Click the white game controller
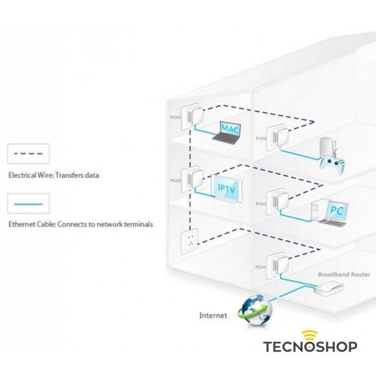pyautogui.click(x=332, y=163)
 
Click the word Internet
pyautogui.click(x=213, y=315)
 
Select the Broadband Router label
pyautogui.click(x=344, y=274)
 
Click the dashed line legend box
pyautogui.click(x=29, y=154)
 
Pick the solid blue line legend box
pyautogui.click(x=29, y=204)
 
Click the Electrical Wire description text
pyautogui.click(x=54, y=175)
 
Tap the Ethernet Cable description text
pyautogui.click(x=80, y=225)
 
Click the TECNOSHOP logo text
pyautogui.click(x=310, y=347)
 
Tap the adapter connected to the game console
pyautogui.click(x=275, y=137)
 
